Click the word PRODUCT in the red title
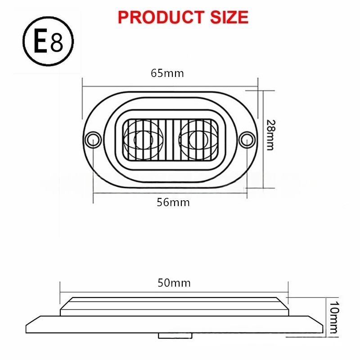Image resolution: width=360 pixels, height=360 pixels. coord(161,18)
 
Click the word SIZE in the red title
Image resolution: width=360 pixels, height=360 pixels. coord(229,18)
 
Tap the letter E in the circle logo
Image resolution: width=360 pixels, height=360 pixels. coord(41,41)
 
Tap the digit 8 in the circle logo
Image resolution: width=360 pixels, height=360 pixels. coord(57,43)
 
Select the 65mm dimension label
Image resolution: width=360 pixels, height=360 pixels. coord(167,73)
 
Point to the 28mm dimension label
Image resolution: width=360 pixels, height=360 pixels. coord(270,135)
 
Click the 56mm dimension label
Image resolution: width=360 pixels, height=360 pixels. coord(173,202)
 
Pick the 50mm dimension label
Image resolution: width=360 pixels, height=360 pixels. coord(174,283)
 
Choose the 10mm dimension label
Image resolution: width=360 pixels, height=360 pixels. coord(334,317)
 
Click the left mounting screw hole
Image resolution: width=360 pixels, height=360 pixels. coord(93,139)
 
